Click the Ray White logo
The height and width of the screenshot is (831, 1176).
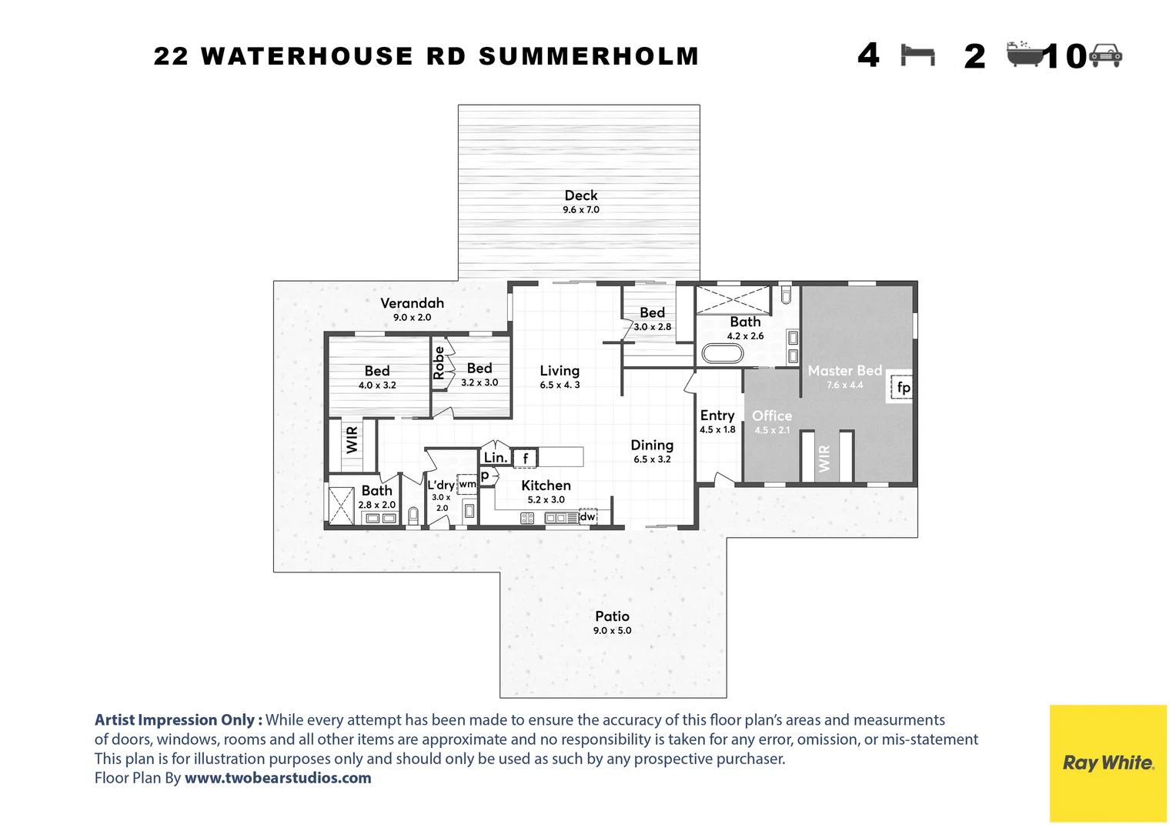pyautogui.click(x=1108, y=763)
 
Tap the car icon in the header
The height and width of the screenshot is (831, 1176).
pyautogui.click(x=1106, y=55)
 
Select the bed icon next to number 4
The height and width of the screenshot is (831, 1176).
pyautogui.click(x=917, y=55)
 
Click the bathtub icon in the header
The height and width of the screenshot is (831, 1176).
pyautogui.click(x=1024, y=55)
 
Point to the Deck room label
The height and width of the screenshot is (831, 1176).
pyautogui.click(x=580, y=195)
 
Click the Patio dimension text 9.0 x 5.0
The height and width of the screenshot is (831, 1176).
pyautogui.click(x=612, y=631)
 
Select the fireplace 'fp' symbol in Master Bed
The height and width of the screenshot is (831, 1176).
pyautogui.click(x=903, y=387)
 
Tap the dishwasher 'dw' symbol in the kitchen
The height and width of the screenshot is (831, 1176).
pyautogui.click(x=588, y=516)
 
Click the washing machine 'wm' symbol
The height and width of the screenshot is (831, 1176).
pyautogui.click(x=467, y=484)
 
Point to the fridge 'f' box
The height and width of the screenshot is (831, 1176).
pyautogui.click(x=526, y=459)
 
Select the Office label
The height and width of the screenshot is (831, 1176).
pyautogui.click(x=771, y=415)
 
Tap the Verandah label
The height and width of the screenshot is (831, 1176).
pyautogui.click(x=412, y=303)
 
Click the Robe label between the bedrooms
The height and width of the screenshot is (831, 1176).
pyautogui.click(x=439, y=362)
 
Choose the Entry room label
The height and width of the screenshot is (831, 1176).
pyautogui.click(x=717, y=415)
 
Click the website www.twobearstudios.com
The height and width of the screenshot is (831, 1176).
pyautogui.click(x=278, y=778)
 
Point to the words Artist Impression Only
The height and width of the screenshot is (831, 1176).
pyautogui.click(x=178, y=720)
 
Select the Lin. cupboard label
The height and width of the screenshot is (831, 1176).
pyautogui.click(x=495, y=457)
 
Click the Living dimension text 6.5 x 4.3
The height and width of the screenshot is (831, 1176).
pyautogui.click(x=560, y=385)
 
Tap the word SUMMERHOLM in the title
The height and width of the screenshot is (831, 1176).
pyautogui.click(x=589, y=56)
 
